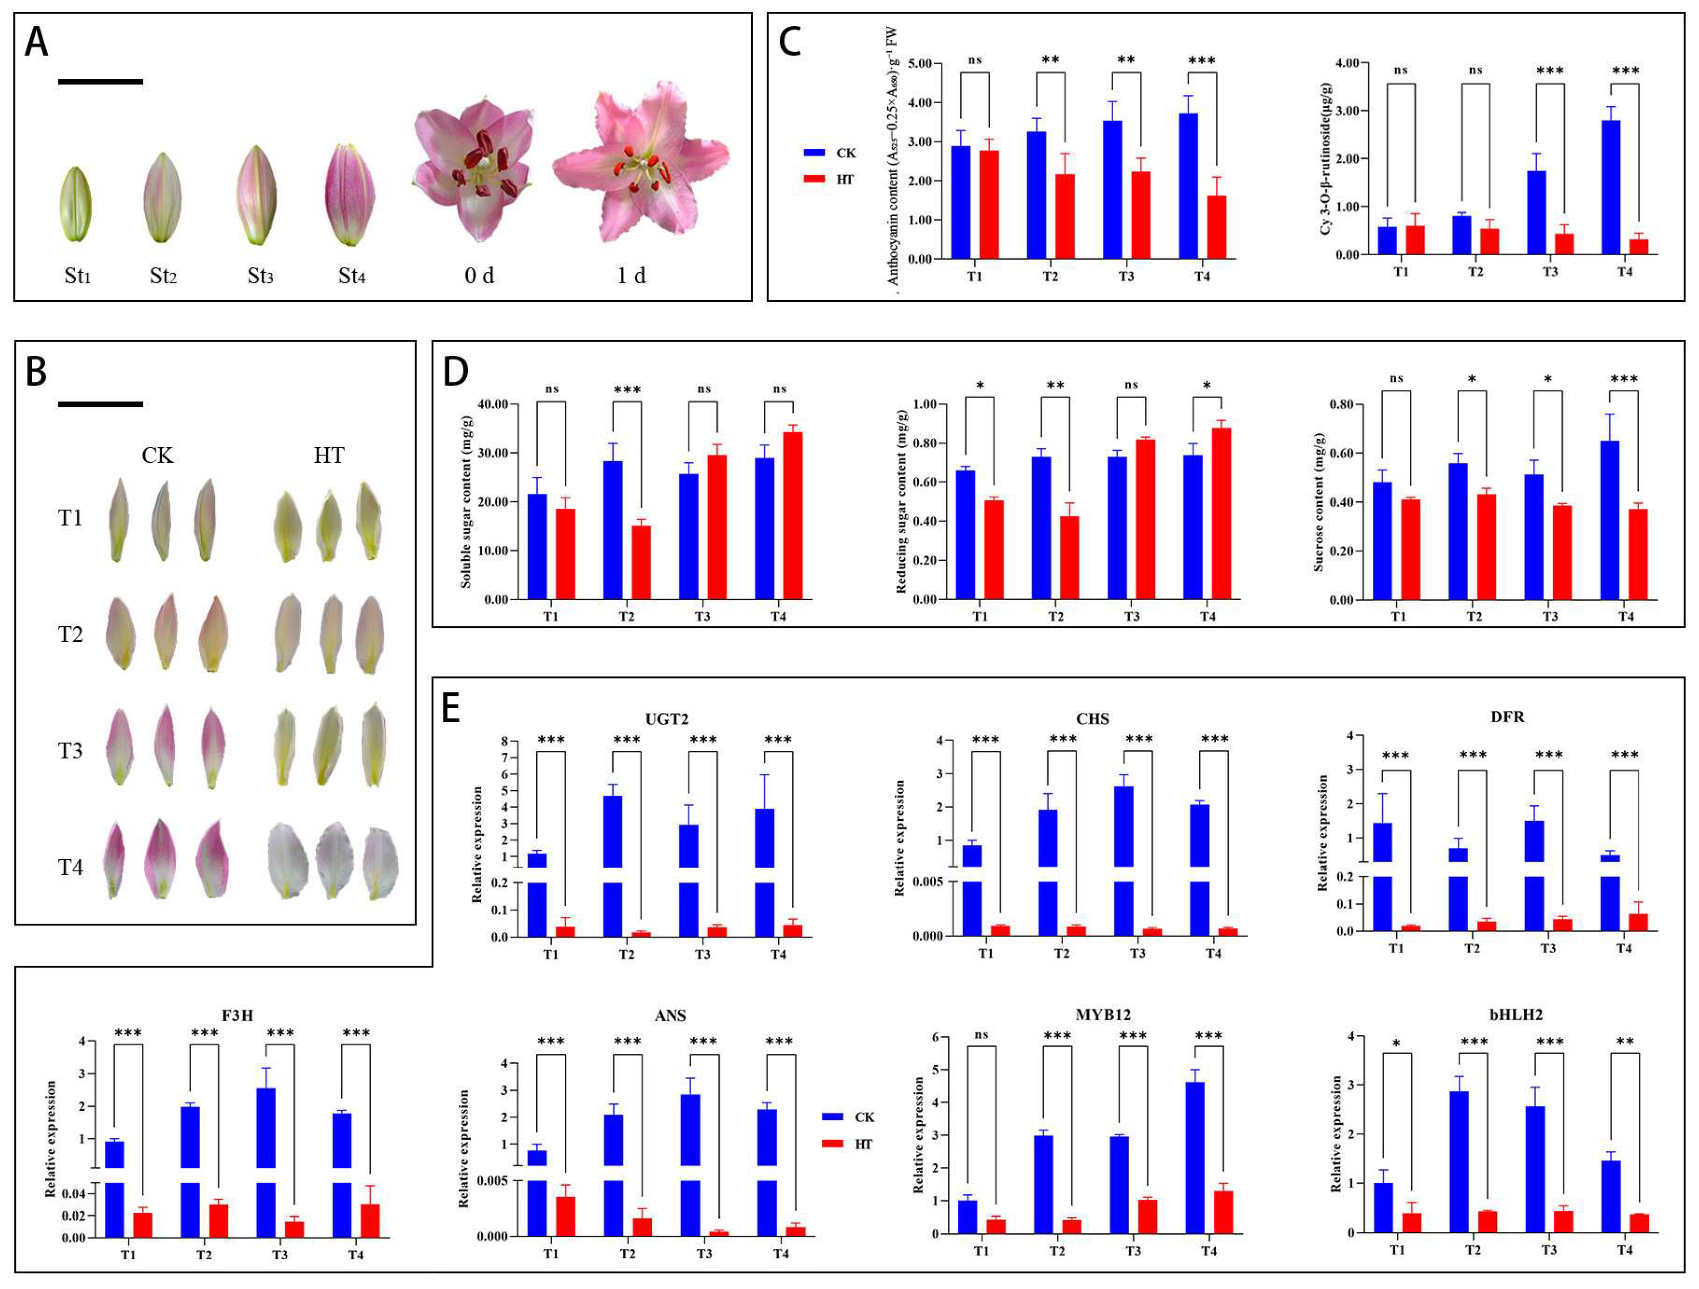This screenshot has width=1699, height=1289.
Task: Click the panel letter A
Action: pos(36,42)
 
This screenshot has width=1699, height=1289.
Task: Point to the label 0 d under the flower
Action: pos(479,275)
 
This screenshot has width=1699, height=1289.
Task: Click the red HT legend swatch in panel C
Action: pos(814,179)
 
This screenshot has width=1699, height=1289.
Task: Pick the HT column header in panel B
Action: pos(329,455)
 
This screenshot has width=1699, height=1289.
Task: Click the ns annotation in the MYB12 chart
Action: pos(981,1035)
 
